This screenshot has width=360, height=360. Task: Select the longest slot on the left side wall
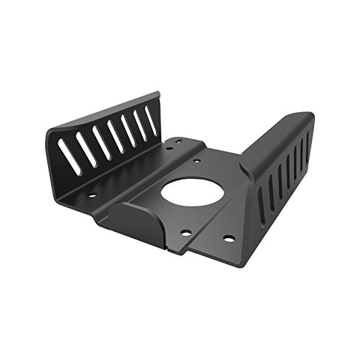70,157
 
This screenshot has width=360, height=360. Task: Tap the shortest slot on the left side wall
151,121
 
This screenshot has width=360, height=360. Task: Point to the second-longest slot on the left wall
85,150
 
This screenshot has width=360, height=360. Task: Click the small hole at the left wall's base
92,194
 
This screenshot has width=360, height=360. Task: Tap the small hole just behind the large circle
197,161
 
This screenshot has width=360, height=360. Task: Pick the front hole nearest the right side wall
229,238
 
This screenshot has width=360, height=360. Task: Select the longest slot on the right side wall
262,208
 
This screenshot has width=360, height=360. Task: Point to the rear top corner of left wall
158,94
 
